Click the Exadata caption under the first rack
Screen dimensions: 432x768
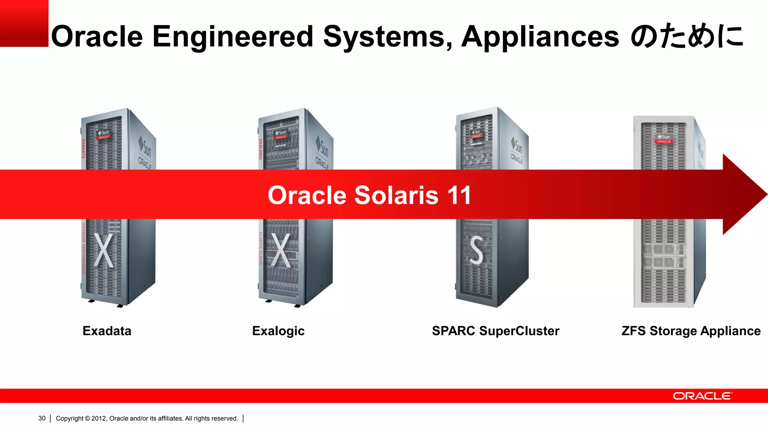pyautogui.click(x=107, y=331)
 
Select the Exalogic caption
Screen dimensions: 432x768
pyautogui.click(x=278, y=331)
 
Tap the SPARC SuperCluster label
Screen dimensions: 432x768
pyautogui.click(x=495, y=331)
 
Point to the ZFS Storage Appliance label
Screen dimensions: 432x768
pyautogui.click(x=691, y=331)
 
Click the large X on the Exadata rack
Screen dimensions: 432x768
pyautogui.click(x=103, y=250)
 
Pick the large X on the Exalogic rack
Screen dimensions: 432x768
pyautogui.click(x=281, y=250)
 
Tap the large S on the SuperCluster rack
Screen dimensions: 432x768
pyautogui.click(x=476, y=250)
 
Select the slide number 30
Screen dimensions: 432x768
pyautogui.click(x=42, y=418)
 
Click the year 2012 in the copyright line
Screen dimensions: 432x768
pyautogui.click(x=99, y=418)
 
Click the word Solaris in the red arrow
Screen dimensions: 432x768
pyautogui.click(x=396, y=195)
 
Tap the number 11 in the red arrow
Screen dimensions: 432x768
pyautogui.click(x=459, y=195)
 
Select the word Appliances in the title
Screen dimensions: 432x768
pyautogui.click(x=540, y=36)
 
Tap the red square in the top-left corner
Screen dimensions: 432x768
pyautogui.click(x=24, y=23)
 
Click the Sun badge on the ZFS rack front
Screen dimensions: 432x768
pyautogui.click(x=663, y=137)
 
